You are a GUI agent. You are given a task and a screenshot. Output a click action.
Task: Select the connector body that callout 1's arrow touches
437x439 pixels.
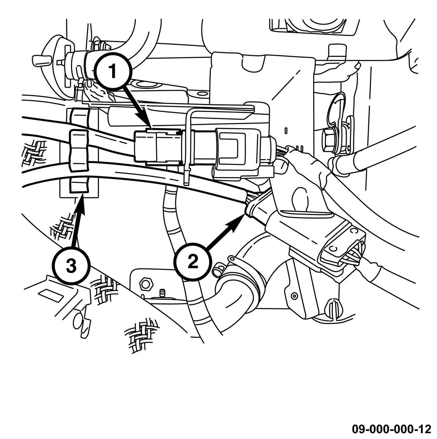pyautogui.click(x=157, y=147)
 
